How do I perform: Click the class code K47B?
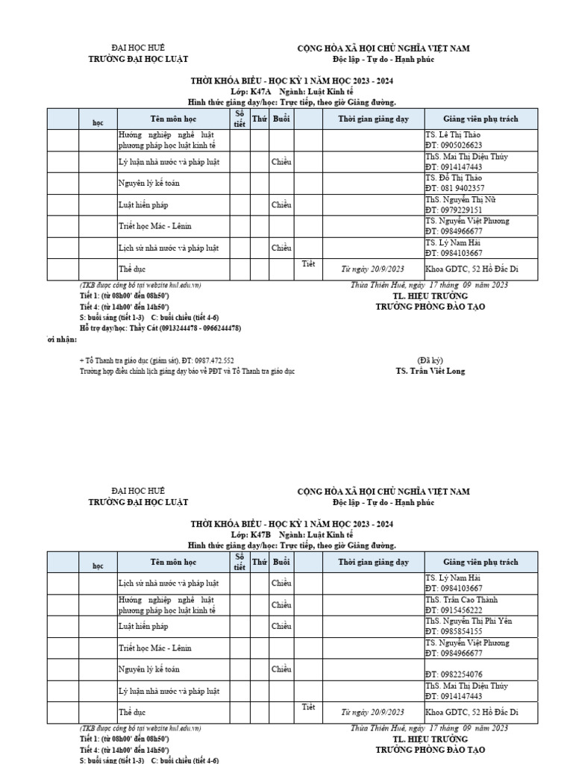click(260, 535)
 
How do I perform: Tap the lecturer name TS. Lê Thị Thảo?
click(454, 135)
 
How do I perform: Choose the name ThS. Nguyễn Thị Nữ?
click(460, 200)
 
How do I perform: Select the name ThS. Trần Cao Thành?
click(462, 600)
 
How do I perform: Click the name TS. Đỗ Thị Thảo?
click(454, 178)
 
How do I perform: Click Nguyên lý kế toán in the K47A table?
click(149, 183)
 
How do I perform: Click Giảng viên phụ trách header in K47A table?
click(480, 119)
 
